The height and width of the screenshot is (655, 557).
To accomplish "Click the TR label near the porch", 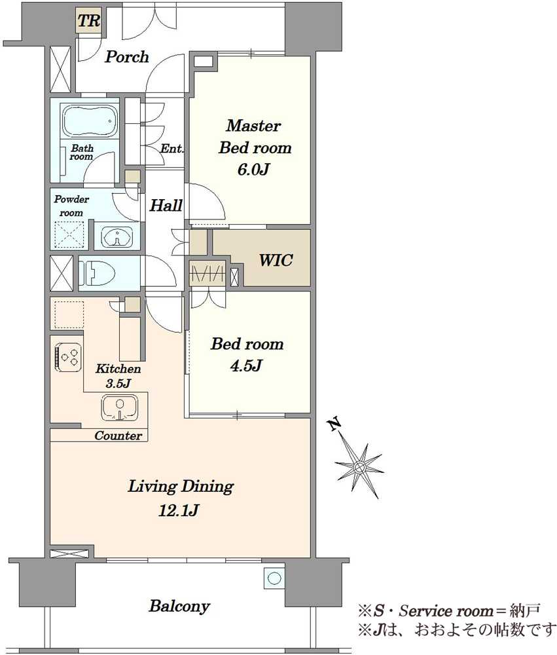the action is click(x=90, y=21).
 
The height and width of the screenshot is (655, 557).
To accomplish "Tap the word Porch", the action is click(x=126, y=57).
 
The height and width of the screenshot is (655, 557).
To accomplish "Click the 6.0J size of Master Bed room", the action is click(x=253, y=170).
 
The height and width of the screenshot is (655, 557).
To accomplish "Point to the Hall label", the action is click(x=166, y=206).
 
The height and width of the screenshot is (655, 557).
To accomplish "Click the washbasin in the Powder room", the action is click(x=118, y=237).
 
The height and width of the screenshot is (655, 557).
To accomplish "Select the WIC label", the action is click(x=276, y=260).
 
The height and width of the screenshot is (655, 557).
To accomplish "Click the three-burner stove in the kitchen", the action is click(x=68, y=357).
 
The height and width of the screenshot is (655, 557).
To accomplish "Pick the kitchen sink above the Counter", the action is click(x=120, y=408).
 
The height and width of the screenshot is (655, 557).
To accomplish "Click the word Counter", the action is click(x=118, y=436).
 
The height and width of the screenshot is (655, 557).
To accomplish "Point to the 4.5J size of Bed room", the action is click(x=246, y=366).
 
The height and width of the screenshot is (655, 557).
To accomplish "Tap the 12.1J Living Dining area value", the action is click(x=178, y=510).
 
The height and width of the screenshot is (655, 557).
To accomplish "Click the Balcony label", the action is click(x=179, y=606).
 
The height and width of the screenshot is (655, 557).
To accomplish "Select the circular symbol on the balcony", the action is click(x=274, y=578).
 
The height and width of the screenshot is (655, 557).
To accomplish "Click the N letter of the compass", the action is click(x=334, y=425).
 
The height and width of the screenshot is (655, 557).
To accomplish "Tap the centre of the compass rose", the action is click(x=359, y=467).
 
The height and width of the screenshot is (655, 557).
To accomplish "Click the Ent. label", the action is click(x=172, y=149).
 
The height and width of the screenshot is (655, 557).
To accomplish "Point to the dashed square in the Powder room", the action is click(x=69, y=234).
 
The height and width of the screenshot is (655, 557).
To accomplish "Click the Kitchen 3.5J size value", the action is click(x=118, y=383).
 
